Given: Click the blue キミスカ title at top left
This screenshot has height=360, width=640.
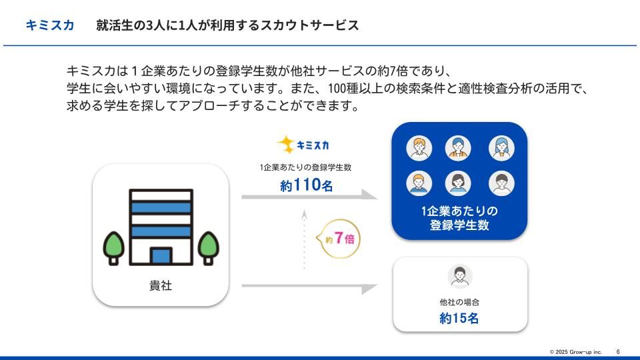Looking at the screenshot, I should pos(50,25).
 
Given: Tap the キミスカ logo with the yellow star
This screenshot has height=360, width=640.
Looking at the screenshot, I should pos(303,144).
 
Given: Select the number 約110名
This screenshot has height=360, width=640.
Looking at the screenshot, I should pos(306,186).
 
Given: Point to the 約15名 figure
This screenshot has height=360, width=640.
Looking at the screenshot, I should pos(459,318).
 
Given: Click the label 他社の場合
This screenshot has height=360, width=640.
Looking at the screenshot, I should pos(459,302).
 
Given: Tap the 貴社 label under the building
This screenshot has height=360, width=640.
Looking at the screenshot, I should pos(161,286).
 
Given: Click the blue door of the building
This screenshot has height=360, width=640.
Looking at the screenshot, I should pos(161,256).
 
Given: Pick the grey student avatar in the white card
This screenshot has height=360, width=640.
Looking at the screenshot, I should pos(460,275).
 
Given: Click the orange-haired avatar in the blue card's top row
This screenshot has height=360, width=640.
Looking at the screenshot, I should pos(419,147).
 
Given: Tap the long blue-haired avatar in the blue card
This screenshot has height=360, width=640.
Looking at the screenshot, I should pos(501,147).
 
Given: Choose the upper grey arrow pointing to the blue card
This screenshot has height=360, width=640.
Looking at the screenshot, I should pos(308,197).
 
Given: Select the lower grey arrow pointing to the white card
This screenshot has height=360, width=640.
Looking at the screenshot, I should pos(308,287).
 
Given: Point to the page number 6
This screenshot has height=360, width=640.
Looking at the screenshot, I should pos(618,351).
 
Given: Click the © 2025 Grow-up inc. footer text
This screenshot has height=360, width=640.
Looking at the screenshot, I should pos(575,351).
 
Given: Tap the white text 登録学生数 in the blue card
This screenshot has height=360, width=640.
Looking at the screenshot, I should pos(459,225).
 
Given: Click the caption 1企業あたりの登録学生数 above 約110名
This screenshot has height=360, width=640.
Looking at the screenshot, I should pos(305,167).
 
